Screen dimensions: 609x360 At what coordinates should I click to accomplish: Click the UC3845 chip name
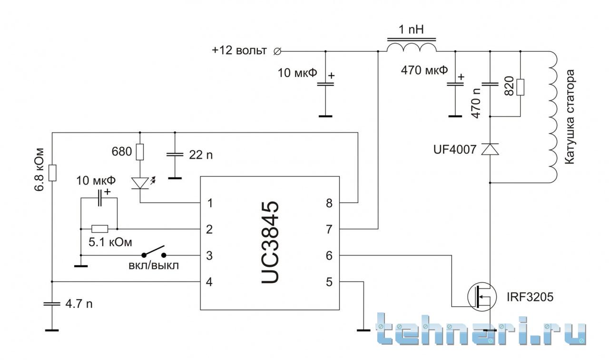point(270,243)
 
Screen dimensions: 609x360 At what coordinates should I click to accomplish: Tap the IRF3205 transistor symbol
point(482,296)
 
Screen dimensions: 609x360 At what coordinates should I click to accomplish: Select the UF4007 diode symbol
point(490,149)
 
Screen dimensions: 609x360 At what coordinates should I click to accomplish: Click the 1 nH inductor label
point(411,29)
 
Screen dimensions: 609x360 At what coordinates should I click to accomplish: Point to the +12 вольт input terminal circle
point(277,51)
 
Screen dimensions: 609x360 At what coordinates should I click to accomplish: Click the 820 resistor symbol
point(521,87)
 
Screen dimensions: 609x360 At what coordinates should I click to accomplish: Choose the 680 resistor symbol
point(140,152)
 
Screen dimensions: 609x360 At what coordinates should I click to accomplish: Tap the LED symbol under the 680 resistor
point(140,183)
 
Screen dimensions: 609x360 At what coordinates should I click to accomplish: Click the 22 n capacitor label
point(201,155)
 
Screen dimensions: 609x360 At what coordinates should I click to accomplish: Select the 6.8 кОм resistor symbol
point(52,173)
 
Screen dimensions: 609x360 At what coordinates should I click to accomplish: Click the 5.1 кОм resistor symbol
point(100,229)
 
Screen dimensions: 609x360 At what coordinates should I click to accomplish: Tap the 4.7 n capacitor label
point(79,304)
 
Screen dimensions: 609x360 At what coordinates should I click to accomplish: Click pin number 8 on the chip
point(329,203)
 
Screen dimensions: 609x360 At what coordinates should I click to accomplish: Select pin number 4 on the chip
point(209,282)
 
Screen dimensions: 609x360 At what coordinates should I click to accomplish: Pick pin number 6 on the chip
point(329,256)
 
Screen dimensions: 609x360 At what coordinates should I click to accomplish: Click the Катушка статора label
point(570,117)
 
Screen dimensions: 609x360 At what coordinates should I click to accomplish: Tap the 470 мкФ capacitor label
point(424,70)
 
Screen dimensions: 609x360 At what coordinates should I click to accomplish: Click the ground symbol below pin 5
point(363,331)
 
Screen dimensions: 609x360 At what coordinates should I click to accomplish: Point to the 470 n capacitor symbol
point(490,84)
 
